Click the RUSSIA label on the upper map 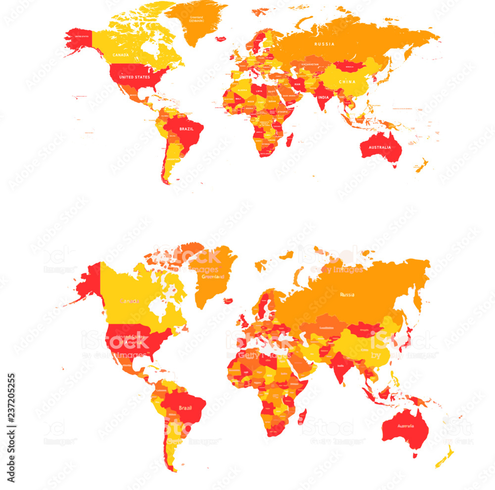pyautogui.click(x=324, y=44)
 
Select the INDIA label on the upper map pyautogui.click(x=323, y=98)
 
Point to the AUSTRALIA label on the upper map pyautogui.click(x=379, y=147)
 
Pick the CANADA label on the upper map pyautogui.click(x=121, y=54)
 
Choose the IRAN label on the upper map pyautogui.click(x=297, y=85)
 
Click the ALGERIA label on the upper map pyautogui.click(x=242, y=90)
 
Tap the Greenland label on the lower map pyautogui.click(x=213, y=276)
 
